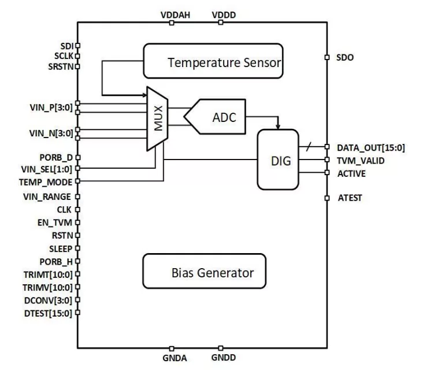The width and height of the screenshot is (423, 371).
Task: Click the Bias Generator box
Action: (x=205, y=271)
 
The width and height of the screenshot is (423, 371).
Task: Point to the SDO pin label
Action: (x=346, y=57)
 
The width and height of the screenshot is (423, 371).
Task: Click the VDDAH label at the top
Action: (x=171, y=13)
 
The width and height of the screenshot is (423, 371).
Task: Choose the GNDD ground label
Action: (x=223, y=358)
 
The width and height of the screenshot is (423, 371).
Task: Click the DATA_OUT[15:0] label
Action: (x=370, y=147)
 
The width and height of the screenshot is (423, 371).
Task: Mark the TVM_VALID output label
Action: (x=361, y=160)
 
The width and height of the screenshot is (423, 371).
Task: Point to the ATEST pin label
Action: (x=349, y=198)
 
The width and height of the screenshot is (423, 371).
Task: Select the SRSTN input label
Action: (x=60, y=66)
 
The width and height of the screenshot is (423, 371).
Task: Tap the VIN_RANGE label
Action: (x=51, y=197)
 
